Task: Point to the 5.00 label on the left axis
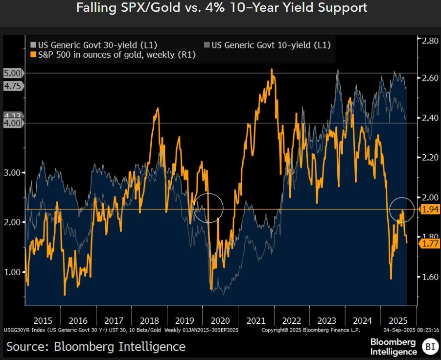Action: click(12, 73)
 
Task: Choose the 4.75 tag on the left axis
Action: click(12, 85)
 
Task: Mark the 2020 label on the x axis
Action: click(220, 320)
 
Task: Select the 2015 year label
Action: click(43, 320)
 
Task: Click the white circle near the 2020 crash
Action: click(209, 207)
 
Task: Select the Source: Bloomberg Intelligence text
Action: click(96, 347)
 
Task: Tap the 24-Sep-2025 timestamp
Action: click(411, 331)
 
